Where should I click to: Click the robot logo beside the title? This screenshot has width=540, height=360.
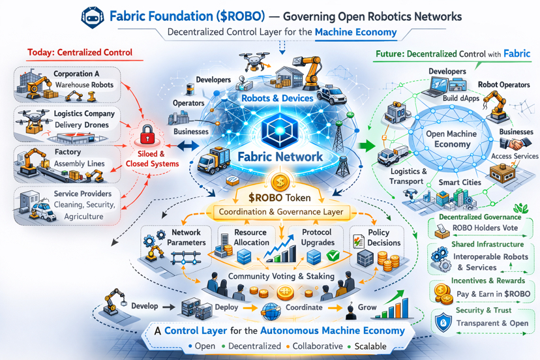(92, 16)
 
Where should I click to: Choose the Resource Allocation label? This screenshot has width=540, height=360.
(250, 237)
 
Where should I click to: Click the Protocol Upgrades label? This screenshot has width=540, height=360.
(317, 237)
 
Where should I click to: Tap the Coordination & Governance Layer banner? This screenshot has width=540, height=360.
(281, 212)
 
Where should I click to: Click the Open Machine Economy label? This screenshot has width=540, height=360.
(451, 139)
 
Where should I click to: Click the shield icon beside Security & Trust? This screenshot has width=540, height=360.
(443, 320)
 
